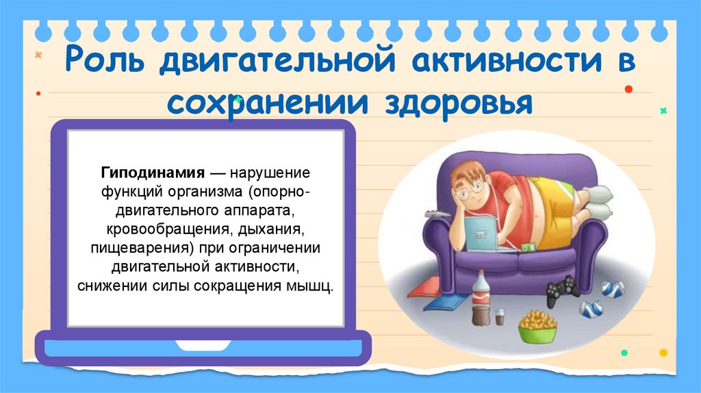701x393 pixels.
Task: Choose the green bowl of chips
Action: pos(537,327)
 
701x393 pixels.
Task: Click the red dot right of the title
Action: pos(628,89)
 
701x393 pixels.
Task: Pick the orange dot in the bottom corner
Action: pos(663,353)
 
